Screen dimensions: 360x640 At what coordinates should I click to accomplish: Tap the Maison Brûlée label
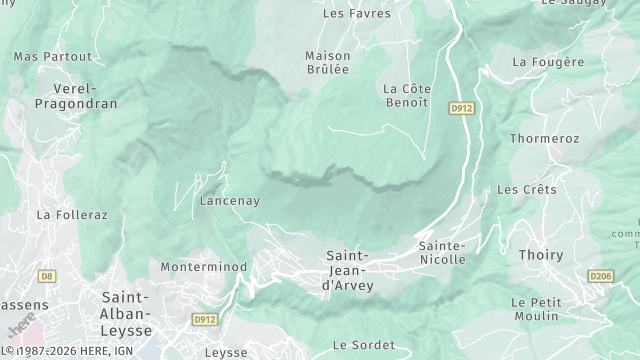click(x=327, y=62)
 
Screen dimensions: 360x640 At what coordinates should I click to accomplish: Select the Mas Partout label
click(x=52, y=57)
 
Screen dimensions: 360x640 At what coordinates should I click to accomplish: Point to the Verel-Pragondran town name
click(x=76, y=96)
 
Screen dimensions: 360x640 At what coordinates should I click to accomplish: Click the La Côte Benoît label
click(x=406, y=95)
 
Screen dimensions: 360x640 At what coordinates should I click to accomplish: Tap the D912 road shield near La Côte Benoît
click(x=460, y=107)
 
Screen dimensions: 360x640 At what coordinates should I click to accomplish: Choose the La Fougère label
click(x=548, y=62)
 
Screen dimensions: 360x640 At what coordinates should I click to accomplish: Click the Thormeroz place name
click(x=544, y=138)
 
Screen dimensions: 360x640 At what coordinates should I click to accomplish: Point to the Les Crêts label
click(x=526, y=189)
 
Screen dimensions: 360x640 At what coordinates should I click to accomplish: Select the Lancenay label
click(x=229, y=201)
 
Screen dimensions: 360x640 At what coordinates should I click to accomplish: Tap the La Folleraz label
click(x=71, y=214)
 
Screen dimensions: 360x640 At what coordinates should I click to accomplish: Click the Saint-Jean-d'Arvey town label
click(x=348, y=270)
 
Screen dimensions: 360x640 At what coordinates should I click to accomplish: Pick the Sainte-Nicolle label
click(x=442, y=252)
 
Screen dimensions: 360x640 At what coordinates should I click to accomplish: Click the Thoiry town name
click(x=541, y=255)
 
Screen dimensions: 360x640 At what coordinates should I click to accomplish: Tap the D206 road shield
click(x=600, y=275)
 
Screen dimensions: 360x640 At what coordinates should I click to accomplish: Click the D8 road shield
click(x=46, y=275)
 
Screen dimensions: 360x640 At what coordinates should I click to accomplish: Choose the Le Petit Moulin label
click(x=535, y=308)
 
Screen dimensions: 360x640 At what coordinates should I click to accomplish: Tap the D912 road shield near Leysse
click(x=205, y=320)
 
